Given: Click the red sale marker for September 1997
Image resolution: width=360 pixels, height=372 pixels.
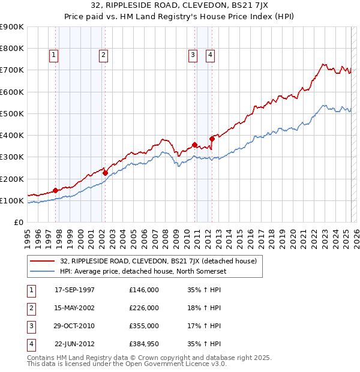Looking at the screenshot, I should click(56, 191).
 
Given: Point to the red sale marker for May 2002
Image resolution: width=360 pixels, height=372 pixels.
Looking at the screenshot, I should click(105, 173).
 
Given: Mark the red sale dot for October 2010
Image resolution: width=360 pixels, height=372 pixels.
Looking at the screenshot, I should click(194, 145).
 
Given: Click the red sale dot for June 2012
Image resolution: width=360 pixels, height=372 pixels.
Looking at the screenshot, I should click(212, 139).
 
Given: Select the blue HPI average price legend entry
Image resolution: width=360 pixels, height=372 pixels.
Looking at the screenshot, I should click(137, 272).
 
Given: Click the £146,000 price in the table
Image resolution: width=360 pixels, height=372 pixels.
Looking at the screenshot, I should click(143, 290).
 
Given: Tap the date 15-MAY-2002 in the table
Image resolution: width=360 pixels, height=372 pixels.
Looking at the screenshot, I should click(74, 308).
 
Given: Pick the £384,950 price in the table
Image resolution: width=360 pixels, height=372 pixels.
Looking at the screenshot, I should click(143, 344).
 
